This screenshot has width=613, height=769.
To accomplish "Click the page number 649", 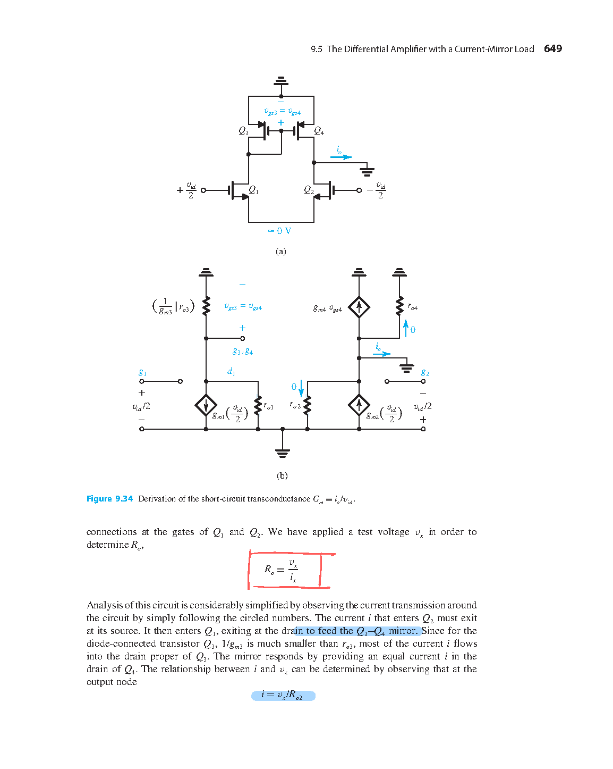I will click(552, 49).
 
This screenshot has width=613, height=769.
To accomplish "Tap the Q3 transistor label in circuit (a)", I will click(243, 131).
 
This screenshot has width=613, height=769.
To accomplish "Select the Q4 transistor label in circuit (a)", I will click(319, 131).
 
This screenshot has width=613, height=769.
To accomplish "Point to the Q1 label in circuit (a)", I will click(253, 190).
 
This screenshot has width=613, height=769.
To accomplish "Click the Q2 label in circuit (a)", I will click(309, 190).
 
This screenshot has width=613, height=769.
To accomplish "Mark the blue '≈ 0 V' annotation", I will click(279, 231).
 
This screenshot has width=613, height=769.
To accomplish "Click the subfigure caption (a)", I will click(280, 252).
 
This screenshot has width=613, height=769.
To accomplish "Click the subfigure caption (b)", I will click(282, 475).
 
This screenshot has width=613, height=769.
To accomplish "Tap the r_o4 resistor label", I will click(413, 307).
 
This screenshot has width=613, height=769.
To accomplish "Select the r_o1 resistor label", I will click(268, 406).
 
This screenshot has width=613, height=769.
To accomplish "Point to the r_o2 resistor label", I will click(295, 405).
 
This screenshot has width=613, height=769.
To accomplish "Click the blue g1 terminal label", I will click(142, 372).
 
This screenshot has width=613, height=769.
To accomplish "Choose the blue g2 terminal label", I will click(425, 372).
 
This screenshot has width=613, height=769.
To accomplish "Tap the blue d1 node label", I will click(231, 372).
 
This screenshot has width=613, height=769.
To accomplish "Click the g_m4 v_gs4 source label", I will click(327, 308).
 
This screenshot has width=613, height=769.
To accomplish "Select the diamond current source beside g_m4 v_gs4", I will click(359, 307).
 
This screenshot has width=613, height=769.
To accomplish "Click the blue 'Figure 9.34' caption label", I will click(109, 499).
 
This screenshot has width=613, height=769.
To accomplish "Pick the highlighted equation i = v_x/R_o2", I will click(283, 695).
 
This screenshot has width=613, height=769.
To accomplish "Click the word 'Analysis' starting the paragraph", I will click(104, 605).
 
